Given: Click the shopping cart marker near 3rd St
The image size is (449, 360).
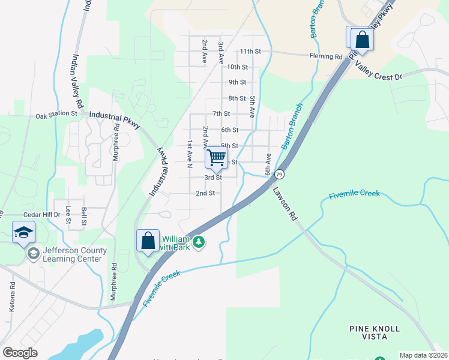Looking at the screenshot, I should coord(216,158).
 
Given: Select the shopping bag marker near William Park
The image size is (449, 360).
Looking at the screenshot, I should coord(148,241).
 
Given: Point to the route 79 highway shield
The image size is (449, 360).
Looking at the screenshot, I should coord(279,175).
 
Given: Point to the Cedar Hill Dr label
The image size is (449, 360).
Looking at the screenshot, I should coord(41,214).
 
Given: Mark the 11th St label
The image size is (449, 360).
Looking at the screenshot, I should coord(251,52).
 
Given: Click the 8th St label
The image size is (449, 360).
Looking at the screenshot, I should coord(237,98).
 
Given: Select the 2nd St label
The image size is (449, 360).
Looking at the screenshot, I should coord(205,193).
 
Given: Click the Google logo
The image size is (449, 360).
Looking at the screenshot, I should coord(20,353).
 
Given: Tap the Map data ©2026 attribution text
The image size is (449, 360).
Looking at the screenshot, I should coord(423,355).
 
